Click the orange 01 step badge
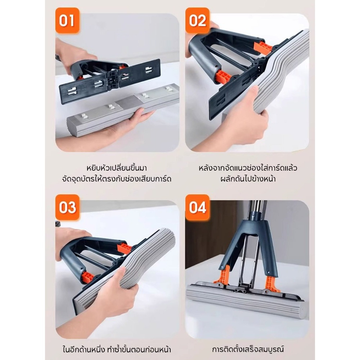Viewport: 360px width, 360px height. pos(67,21)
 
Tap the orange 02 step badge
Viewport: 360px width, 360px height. pos(197,21)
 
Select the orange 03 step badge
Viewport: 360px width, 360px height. pos(67,207)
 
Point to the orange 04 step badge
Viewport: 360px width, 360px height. pos(197,207)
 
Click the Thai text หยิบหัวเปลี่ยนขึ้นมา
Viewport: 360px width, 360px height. pos(117,168)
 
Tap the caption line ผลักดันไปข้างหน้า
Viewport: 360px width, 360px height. pos(248,179)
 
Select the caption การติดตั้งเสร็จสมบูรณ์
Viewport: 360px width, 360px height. pos(248,349)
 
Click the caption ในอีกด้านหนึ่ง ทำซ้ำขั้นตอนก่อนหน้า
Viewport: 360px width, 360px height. pos(117,349)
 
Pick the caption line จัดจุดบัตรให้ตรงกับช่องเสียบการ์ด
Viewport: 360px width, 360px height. pos(117,179)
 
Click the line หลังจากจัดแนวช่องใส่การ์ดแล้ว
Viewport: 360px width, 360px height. pos(248,168)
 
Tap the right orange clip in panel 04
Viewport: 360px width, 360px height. pos(271,284)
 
